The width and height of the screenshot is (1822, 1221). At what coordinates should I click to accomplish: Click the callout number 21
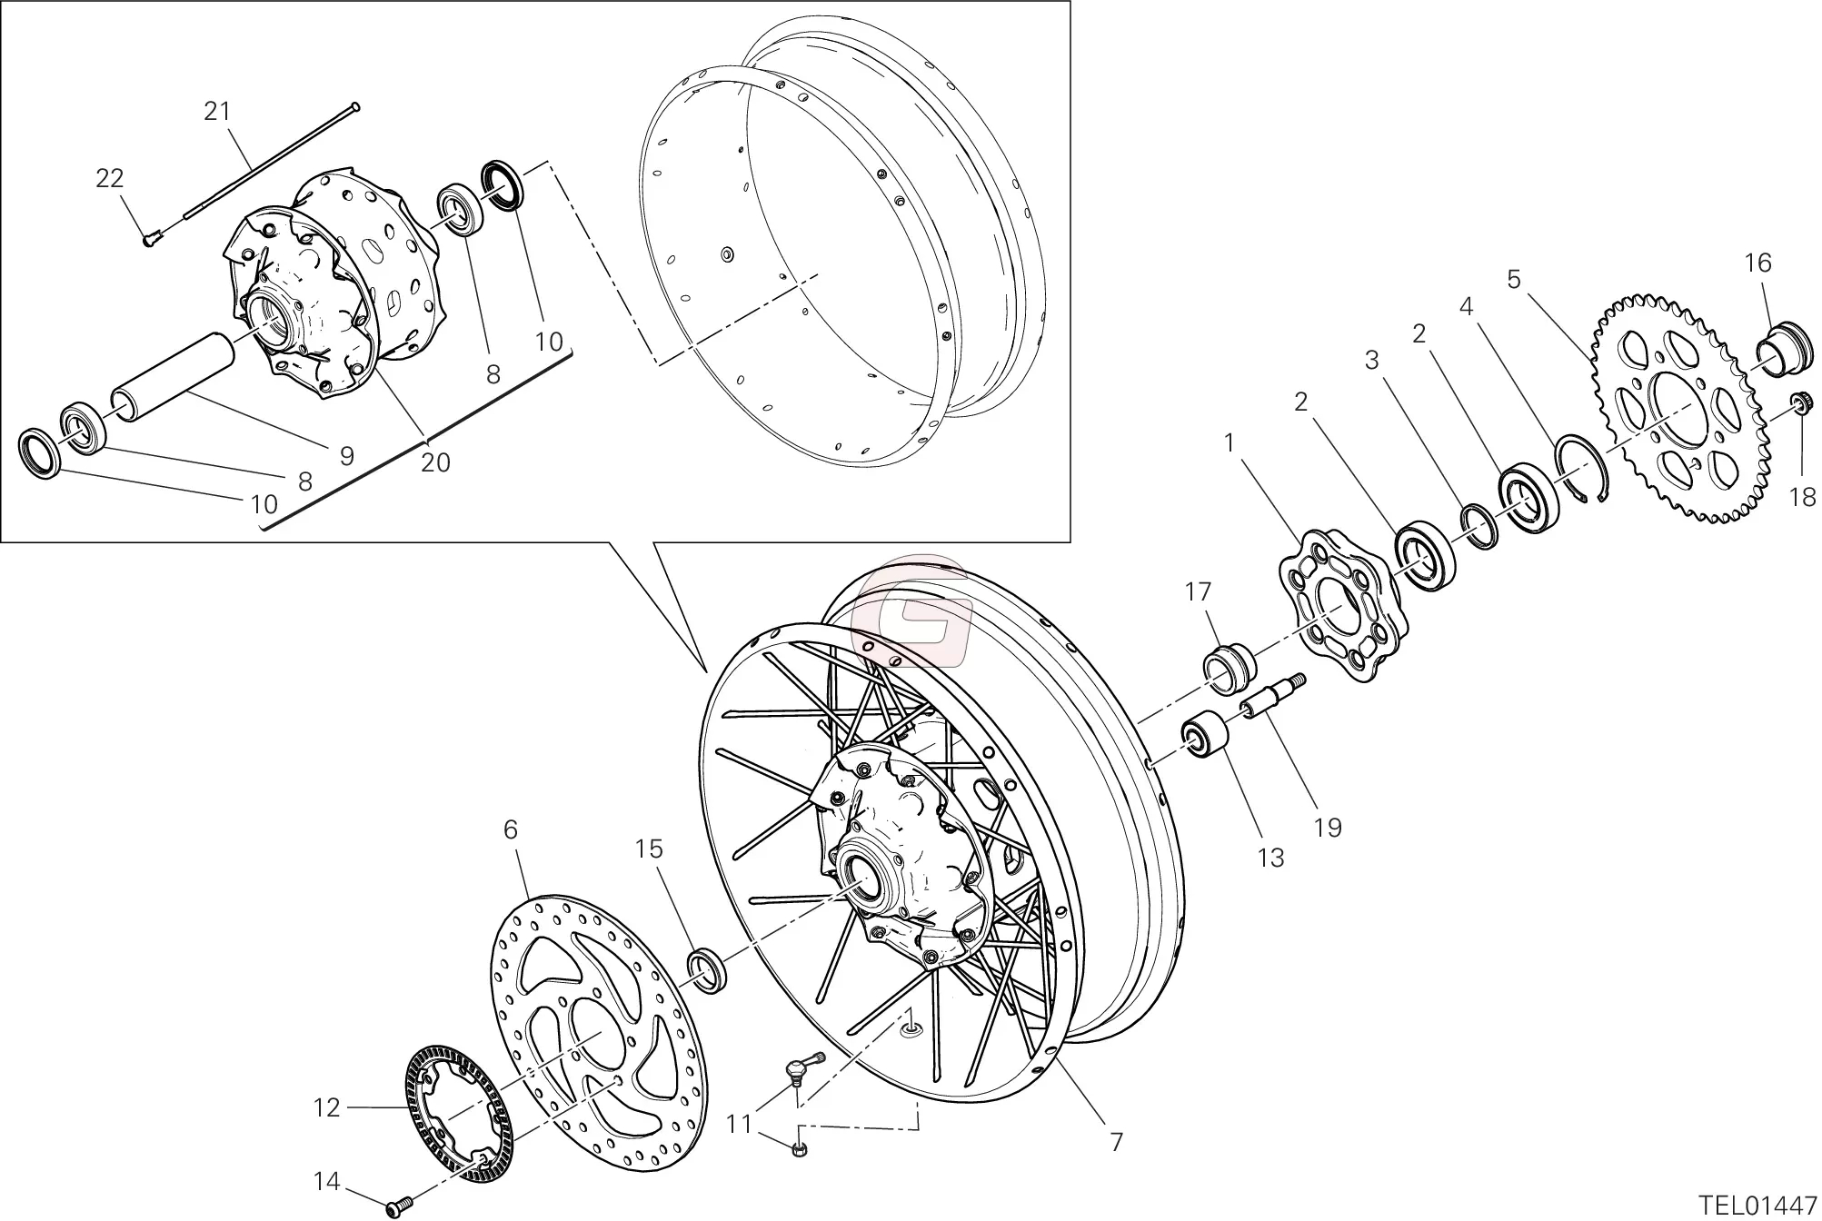pyautogui.click(x=217, y=112)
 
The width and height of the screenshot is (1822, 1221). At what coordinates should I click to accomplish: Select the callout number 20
pyautogui.click(x=436, y=462)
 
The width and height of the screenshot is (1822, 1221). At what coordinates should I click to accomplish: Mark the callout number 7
pyautogui.click(x=1117, y=1142)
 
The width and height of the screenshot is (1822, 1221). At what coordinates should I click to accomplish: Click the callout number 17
pyautogui.click(x=1199, y=592)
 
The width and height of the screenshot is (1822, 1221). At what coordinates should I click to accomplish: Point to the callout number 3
pyautogui.click(x=1372, y=361)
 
